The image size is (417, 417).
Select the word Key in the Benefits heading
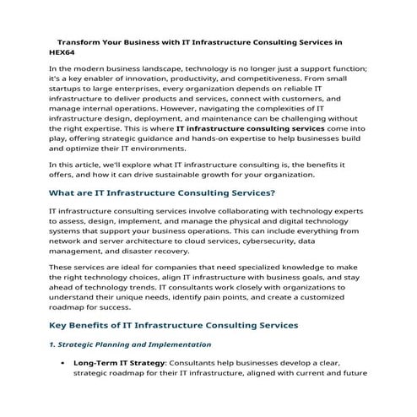[60, 325]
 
